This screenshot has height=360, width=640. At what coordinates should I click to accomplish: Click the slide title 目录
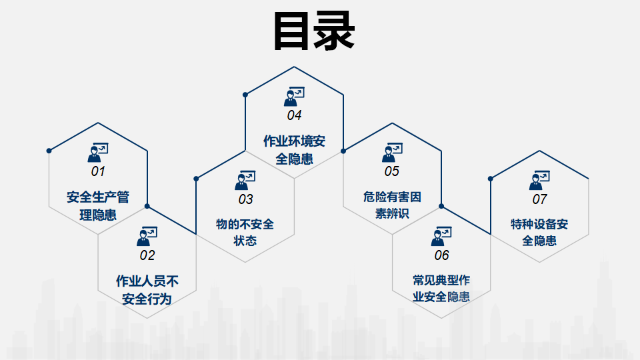coord(313,31)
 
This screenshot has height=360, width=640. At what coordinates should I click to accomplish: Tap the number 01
coord(98,171)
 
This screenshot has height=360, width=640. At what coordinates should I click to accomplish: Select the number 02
coord(147,255)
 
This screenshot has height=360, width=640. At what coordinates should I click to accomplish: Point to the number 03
coord(245,199)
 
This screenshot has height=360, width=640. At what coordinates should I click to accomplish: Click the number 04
coord(294,115)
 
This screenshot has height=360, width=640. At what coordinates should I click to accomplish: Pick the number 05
coord(391,171)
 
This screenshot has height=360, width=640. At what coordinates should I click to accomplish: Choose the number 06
coord(441,255)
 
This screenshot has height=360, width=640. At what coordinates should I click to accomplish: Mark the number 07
coord(539,199)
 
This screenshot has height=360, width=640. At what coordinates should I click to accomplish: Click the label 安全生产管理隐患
coord(98,206)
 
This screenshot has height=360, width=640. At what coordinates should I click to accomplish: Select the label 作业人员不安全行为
coord(147,289)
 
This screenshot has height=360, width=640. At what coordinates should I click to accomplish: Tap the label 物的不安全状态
coord(245,233)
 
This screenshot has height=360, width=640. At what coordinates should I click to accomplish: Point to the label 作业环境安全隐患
coord(294,150)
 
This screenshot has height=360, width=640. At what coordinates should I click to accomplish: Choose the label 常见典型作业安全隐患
coord(441,289)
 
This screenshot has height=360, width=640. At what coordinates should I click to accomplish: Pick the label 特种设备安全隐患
coord(539,233)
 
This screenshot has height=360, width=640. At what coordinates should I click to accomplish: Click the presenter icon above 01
coord(98,153)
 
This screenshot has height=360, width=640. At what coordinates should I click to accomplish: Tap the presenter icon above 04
coord(294,97)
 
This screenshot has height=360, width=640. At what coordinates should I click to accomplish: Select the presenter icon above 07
coord(539,180)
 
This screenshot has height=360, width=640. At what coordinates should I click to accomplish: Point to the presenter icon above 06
coord(441,236)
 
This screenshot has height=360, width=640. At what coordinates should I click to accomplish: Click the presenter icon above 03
coord(245,180)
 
